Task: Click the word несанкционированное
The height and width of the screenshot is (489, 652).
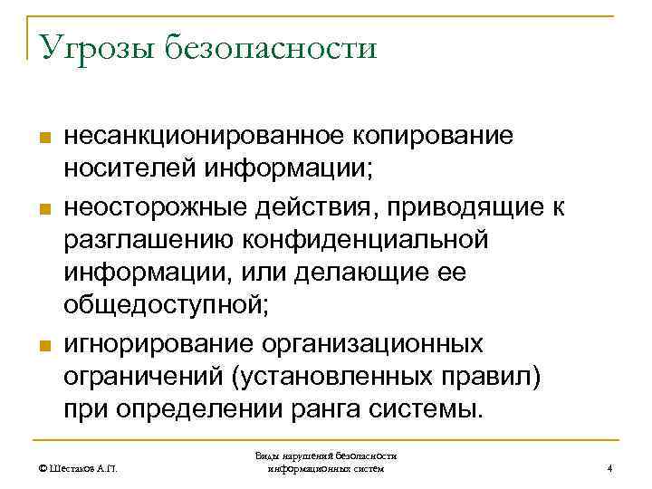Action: [201, 137]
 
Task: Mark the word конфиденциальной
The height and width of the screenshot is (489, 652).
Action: [361, 240]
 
